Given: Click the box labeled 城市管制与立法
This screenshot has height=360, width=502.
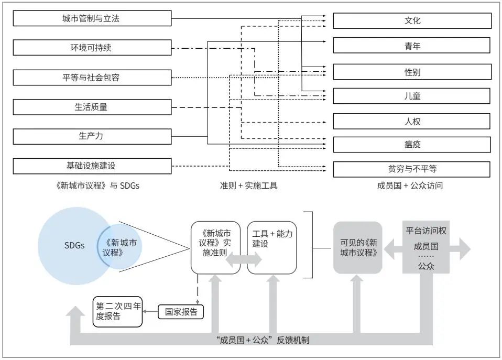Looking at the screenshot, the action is point(92,18).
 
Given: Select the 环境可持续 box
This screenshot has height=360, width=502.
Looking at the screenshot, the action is point(92,47).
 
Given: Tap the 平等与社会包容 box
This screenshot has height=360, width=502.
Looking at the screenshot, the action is point(92,78).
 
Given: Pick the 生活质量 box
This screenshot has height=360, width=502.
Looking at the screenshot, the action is point(92,107).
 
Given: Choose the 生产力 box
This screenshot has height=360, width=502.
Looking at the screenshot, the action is point(92,136).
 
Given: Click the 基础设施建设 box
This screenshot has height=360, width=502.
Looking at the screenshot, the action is point(92,166).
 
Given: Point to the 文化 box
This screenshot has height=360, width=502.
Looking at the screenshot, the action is point(412,21).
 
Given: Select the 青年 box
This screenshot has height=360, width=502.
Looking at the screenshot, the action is point(411,46).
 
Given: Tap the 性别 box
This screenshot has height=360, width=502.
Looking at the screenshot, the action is point(412,72).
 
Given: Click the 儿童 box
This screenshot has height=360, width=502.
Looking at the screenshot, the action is point(411,96).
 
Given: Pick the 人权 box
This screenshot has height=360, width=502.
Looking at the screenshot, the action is point(411,122).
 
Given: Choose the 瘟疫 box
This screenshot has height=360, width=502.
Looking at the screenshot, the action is point(412,145).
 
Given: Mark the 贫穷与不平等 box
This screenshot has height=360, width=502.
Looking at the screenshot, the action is point(411,169).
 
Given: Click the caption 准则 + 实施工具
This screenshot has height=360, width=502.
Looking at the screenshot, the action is point(248,186).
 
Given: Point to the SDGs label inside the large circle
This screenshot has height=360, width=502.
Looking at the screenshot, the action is point(74,245).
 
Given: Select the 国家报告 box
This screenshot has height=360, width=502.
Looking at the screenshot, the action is point(181,312).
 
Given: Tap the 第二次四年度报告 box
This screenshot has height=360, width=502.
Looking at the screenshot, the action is point(117,312).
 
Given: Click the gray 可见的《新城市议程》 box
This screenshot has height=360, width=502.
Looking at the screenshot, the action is point(358,247).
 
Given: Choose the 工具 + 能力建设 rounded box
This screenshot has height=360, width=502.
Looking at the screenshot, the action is point(272,247).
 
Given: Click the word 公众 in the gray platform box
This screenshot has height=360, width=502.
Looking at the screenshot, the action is point(426,266).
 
